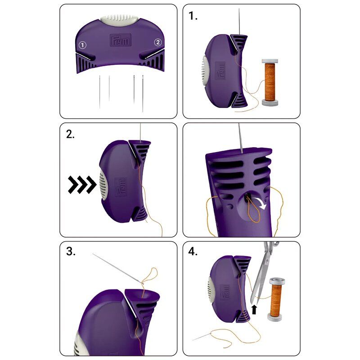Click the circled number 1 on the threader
82,45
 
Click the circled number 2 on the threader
157,42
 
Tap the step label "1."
193,16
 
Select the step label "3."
71,252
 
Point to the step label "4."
193,252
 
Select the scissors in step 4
261,274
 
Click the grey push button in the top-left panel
119,20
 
